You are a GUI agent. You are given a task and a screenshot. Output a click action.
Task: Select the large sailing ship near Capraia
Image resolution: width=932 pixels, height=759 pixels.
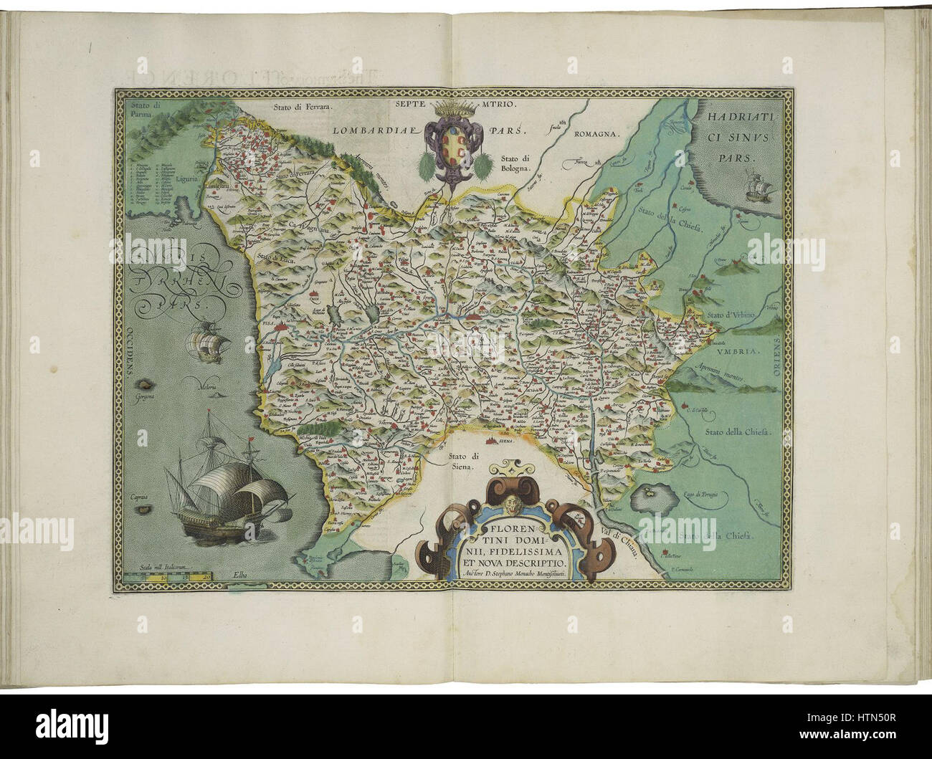tap(224, 489)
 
